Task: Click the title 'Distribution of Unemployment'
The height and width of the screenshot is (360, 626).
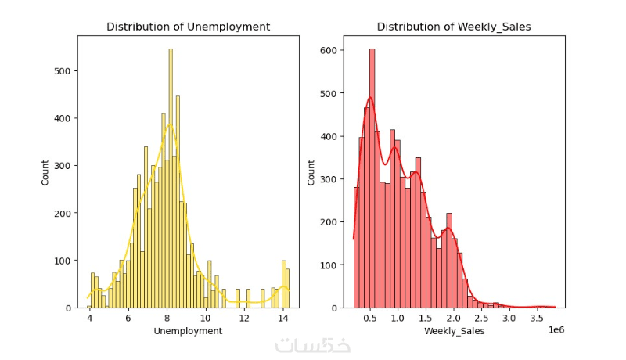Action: point(188,27)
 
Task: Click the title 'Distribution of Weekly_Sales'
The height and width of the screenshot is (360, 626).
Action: point(454,27)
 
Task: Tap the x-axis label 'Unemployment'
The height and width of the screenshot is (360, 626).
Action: point(188,331)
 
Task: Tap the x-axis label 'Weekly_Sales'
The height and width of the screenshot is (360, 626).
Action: point(454,332)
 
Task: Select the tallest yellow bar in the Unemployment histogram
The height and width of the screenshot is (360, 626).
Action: point(171,180)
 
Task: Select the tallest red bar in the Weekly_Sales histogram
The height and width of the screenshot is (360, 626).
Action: point(372,180)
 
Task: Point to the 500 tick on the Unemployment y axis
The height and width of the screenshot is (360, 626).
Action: point(66,71)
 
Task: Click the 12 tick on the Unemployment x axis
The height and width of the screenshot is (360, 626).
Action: point(244,319)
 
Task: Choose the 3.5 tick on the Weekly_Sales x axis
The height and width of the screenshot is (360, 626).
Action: point(537,319)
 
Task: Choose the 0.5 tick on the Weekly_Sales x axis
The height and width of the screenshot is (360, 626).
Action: point(371,319)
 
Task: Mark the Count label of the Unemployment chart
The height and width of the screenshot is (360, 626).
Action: point(45,172)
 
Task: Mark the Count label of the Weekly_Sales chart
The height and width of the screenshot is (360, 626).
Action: point(311,172)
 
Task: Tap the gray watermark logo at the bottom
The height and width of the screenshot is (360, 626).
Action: point(313,345)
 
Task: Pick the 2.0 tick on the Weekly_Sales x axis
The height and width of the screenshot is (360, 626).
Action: point(454,319)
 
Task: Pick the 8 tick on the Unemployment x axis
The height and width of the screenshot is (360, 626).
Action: point(167,319)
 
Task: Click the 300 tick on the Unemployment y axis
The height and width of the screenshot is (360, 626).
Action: point(66,166)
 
